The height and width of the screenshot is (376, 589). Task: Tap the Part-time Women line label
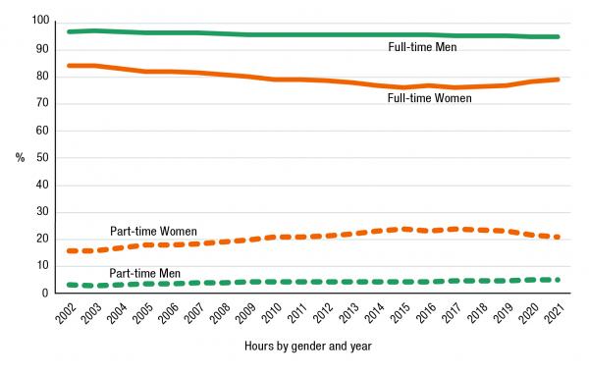click(x=151, y=232)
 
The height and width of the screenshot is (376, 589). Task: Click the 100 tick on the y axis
click(x=39, y=22)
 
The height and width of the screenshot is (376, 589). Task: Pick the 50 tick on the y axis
click(x=42, y=157)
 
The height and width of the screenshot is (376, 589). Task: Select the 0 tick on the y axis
click(x=45, y=293)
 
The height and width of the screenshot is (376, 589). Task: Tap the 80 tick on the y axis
click(x=42, y=76)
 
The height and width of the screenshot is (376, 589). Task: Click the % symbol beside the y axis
click(x=20, y=157)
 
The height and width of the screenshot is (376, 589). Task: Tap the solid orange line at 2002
click(x=69, y=66)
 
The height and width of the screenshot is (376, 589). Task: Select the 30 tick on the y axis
click(x=42, y=211)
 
